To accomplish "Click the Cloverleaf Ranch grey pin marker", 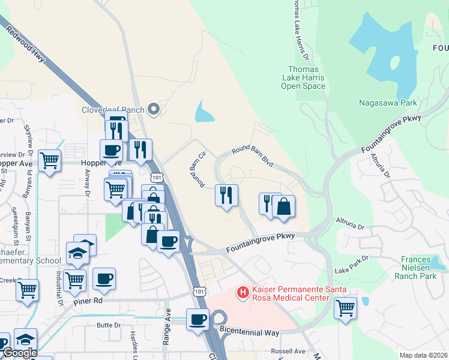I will pos(154,109).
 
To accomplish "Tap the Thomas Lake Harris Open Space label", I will pos(303,78).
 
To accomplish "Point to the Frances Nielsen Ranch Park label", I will pos(418,268).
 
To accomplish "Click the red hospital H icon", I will pos(243,292).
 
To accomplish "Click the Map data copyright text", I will pos(423,355).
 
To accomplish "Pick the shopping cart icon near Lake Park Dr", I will pos(345,308).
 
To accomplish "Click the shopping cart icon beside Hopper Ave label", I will pos(49,160).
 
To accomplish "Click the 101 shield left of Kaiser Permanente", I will pos(199,290).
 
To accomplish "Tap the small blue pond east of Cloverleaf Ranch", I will pos(204,112).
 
